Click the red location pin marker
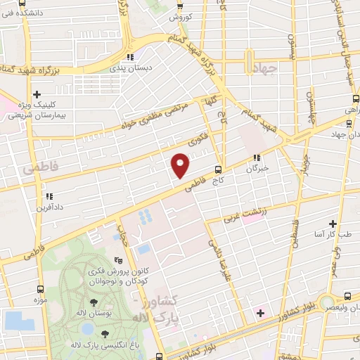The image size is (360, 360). pyautogui.click(x=181, y=165)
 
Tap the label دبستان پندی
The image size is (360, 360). pyautogui.click(x=129, y=69)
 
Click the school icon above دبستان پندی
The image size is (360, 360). pyautogui.click(x=129, y=58)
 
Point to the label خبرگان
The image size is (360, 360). pyautogui.click(x=257, y=169)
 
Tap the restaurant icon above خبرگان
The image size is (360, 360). pyautogui.click(x=257, y=158)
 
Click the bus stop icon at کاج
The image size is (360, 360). pyautogui.click(x=218, y=169)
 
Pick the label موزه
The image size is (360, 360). pyautogui.click(x=39, y=301)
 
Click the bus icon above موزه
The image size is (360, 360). pyautogui.click(x=40, y=289)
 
